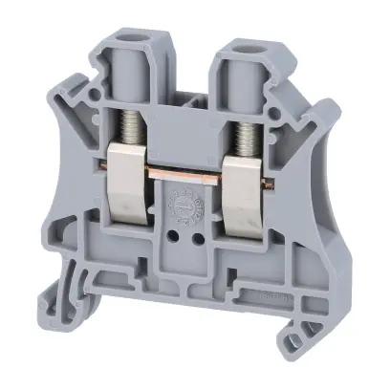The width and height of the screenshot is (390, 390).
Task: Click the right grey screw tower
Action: click(229, 76)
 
